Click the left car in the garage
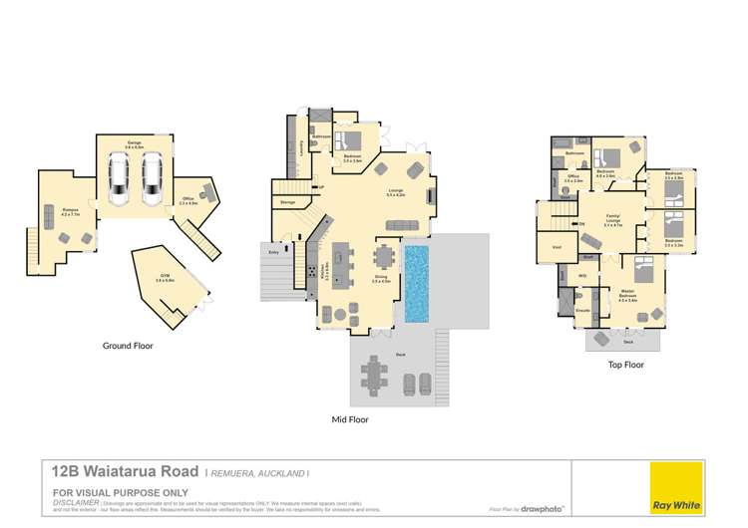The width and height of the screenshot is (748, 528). (120, 179)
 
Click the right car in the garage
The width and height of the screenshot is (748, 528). (151, 179)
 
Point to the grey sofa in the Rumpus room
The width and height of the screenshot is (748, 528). (49, 216)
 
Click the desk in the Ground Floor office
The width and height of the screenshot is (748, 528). (207, 190)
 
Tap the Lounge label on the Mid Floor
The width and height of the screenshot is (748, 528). (395, 191)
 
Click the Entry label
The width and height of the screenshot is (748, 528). (274, 253)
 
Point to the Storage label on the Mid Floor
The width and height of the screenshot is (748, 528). (288, 202)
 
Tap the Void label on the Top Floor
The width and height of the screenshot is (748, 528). (557, 246)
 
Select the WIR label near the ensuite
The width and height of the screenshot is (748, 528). (581, 276)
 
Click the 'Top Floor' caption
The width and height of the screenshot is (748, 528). (625, 365)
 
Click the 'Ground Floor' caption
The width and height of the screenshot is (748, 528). (128, 346)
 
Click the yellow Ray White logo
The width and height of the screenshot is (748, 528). (675, 488)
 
